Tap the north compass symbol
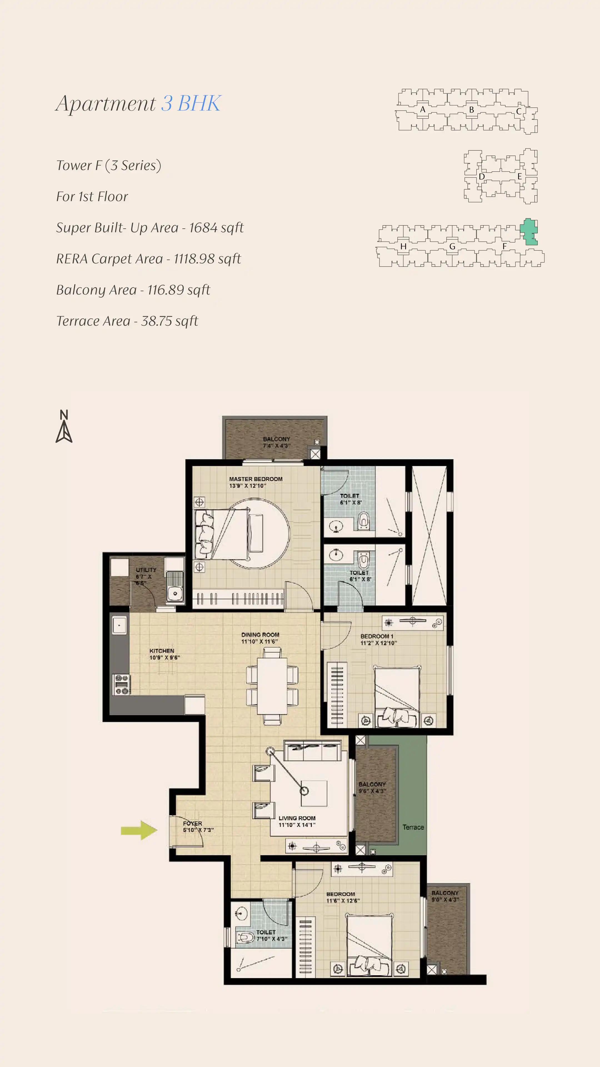coord(64,426)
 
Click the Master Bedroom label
coord(256,482)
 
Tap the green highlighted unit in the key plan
coord(529,231)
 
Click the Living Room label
coord(297,821)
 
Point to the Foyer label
coord(198,826)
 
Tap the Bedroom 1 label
coord(378,639)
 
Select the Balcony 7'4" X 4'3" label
coord(277,442)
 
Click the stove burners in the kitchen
coord(122,684)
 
